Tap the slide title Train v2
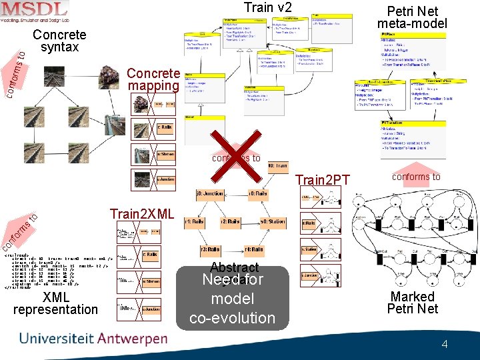click(267, 8)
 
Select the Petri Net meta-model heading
click(412, 17)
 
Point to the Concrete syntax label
click(59, 41)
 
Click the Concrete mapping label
click(153, 79)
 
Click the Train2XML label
click(142, 214)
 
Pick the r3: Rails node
click(210, 249)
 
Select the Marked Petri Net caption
click(413, 302)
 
